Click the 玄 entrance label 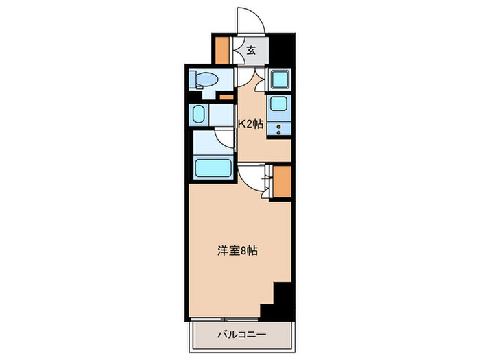click(x=251, y=49)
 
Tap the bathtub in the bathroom click(x=213, y=167)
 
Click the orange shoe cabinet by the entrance click(x=222, y=49)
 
